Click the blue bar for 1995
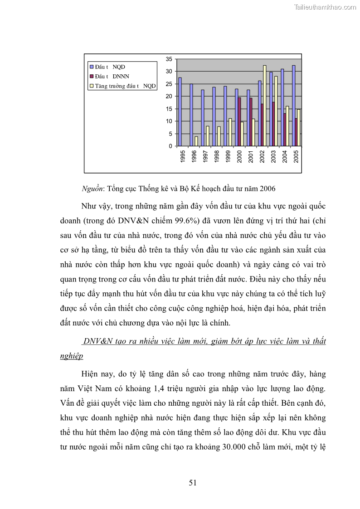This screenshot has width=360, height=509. point(180,112)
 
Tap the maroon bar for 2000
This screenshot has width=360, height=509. point(239,121)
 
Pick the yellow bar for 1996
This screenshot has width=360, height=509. point(196,141)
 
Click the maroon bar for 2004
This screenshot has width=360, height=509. point(285,130)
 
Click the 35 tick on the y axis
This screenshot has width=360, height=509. point(169,59)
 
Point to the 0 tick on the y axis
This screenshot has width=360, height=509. point(170,146)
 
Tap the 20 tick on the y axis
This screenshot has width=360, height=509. point(169,96)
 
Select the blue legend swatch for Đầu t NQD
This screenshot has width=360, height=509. point(91,67)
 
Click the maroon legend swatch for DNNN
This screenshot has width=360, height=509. point(91,76)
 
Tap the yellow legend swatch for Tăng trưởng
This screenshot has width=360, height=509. point(91,85)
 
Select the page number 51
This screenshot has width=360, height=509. point(193,483)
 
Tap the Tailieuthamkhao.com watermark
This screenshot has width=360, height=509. point(325,7)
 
